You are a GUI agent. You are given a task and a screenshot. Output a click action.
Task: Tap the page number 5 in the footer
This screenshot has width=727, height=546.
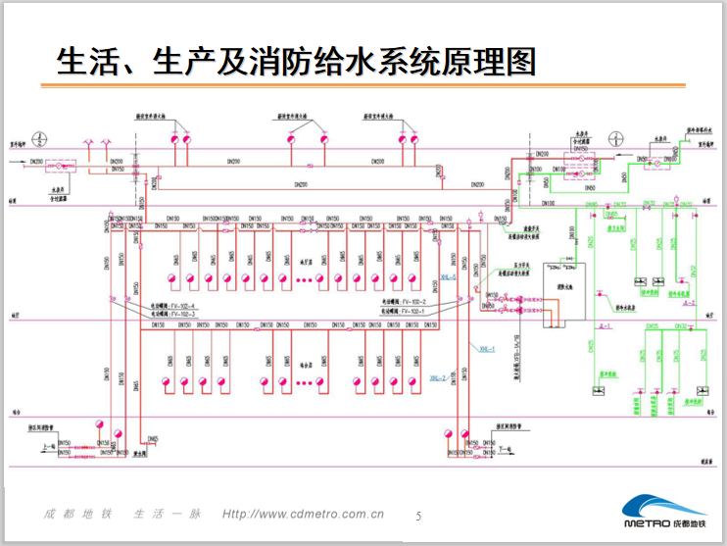tap(419, 516)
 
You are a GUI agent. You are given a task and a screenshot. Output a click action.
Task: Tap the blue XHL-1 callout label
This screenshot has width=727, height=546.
tap(488, 347)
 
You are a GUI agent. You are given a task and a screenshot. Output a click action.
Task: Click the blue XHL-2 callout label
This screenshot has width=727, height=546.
tap(437, 377)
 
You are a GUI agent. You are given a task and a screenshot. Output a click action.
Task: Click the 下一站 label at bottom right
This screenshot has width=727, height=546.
tap(505, 448)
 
